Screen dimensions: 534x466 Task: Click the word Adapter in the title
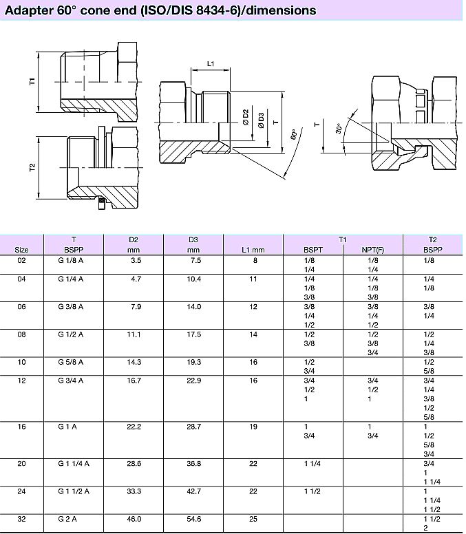pyautogui.click(x=28, y=10)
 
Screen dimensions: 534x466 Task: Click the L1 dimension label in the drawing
pyautogui.click(x=211, y=64)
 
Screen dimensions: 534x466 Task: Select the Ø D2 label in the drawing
pyautogui.click(x=246, y=118)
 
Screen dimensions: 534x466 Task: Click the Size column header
pyautogui.click(x=22, y=249)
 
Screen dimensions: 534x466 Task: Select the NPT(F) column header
pyautogui.click(x=373, y=249)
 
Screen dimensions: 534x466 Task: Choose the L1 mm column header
pyautogui.click(x=253, y=249)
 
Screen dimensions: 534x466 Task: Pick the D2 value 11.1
pyautogui.click(x=134, y=334)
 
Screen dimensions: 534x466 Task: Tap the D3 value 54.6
pyautogui.click(x=193, y=518)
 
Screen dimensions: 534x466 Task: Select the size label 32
pyautogui.click(x=22, y=518)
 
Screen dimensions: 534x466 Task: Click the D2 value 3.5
pyautogui.click(x=136, y=261)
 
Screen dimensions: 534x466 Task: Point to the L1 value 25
pyautogui.click(x=253, y=518)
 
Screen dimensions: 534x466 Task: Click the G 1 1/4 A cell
pyautogui.click(x=74, y=464)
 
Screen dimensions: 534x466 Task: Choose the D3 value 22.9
pyautogui.click(x=193, y=379)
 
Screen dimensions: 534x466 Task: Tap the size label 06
pyautogui.click(x=22, y=307)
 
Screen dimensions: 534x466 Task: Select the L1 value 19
pyautogui.click(x=253, y=427)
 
